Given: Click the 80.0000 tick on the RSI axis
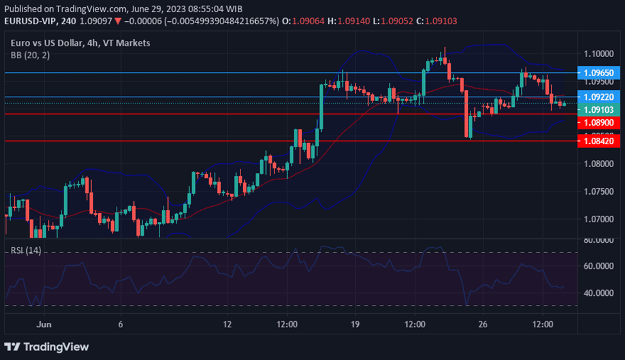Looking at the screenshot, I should point(597,241).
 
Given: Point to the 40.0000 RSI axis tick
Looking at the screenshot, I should point(597,293).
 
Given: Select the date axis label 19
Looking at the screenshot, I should point(355,325).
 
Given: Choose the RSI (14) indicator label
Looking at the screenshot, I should point(26,250).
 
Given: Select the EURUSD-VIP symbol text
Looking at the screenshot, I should point(30,21).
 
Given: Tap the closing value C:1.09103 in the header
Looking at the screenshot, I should point(435,21).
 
